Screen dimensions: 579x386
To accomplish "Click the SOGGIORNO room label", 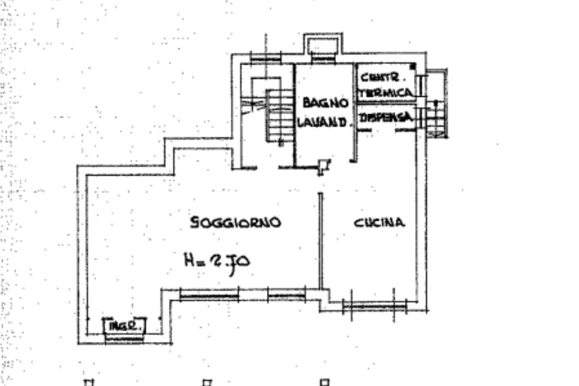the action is [235, 222].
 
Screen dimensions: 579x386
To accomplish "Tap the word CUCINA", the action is [379, 222].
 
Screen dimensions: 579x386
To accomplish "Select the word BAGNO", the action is [325, 103].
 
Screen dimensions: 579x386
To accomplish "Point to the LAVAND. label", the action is [322, 121].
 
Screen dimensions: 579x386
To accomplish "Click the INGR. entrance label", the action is [124, 327].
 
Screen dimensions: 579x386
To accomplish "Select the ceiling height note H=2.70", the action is [218, 261].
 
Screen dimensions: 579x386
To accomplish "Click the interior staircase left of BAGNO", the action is [280, 116].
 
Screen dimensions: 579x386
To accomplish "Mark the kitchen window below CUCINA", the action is [374, 306].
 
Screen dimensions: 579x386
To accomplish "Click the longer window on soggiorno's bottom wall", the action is [209, 294].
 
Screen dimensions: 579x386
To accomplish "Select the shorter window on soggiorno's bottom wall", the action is [286, 294].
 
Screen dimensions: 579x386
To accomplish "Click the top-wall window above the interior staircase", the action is [265, 58].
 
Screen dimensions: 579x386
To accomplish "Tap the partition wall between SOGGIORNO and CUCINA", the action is [320, 241].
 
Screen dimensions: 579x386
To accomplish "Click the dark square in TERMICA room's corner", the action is [413, 67].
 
